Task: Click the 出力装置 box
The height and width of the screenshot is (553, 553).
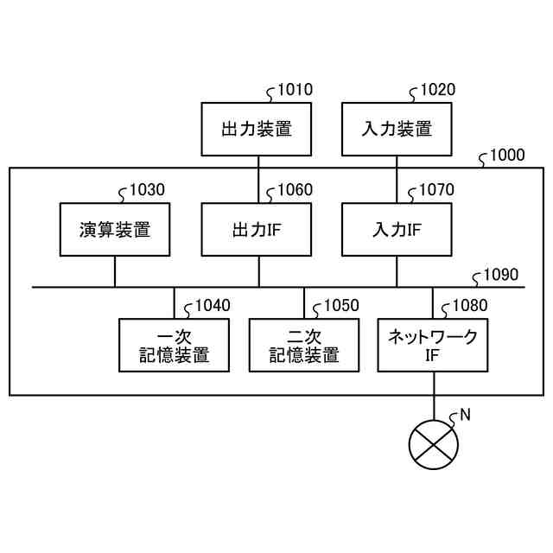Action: click(x=257, y=130)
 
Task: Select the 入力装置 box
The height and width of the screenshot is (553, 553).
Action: click(x=397, y=130)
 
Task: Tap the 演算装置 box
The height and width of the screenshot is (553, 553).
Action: click(x=115, y=230)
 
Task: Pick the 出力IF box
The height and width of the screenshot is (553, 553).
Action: click(x=257, y=230)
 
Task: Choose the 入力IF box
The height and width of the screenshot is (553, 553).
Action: click(x=397, y=230)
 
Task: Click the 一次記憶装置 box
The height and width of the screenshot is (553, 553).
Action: click(x=174, y=346)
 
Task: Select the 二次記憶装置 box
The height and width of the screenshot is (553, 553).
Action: click(x=303, y=346)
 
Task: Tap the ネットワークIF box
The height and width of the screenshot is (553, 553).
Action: click(x=433, y=346)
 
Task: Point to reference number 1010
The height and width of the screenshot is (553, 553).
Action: click(x=295, y=91)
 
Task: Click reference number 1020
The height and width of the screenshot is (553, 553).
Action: click(x=437, y=91)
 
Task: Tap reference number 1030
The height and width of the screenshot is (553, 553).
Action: click(x=147, y=190)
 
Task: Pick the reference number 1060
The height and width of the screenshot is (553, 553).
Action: click(x=295, y=190)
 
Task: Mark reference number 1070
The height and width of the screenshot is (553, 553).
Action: click(x=436, y=190)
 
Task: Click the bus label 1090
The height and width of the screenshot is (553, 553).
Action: click(x=501, y=276)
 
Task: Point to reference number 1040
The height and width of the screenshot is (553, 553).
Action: click(x=213, y=305)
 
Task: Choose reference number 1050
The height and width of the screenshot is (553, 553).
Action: click(x=341, y=305)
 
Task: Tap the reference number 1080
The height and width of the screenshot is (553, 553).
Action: click(x=469, y=305)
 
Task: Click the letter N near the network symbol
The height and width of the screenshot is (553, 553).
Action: click(x=465, y=415)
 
